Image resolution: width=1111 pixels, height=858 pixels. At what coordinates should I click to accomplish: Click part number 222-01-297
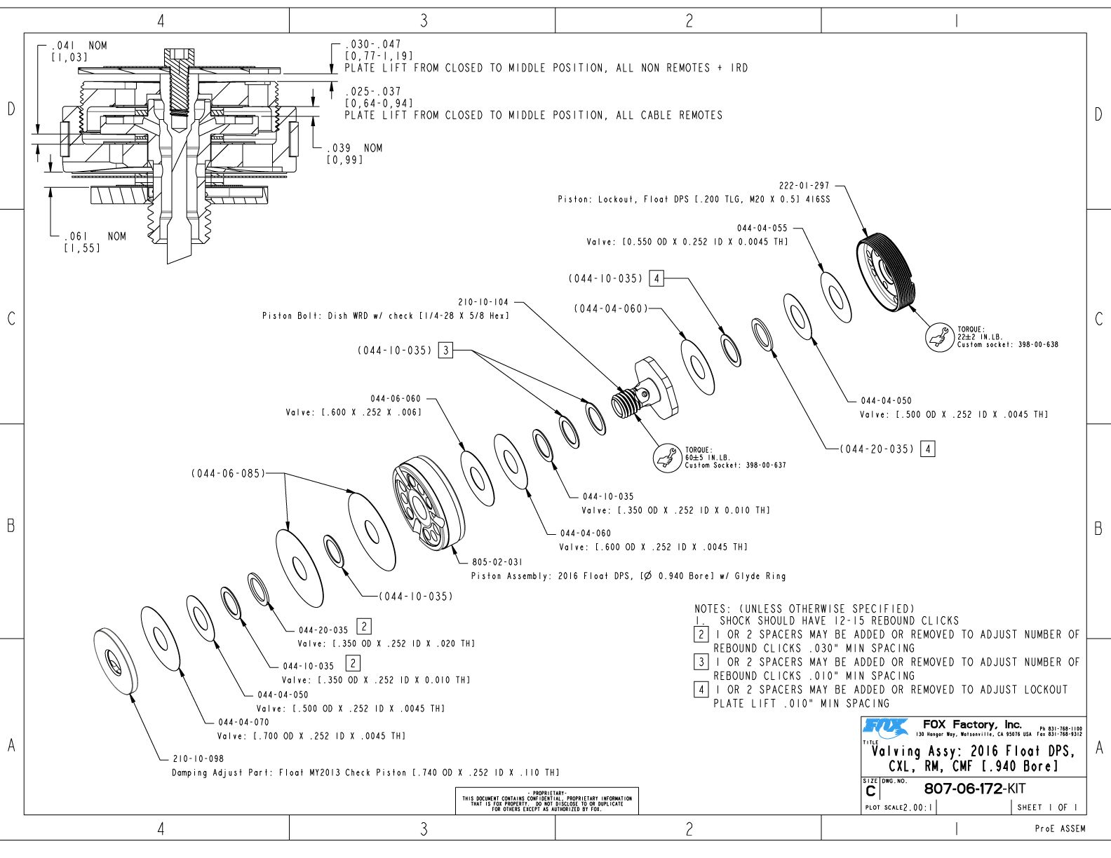tap(804, 186)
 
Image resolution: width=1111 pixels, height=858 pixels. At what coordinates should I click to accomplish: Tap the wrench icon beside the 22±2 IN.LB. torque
tap(939, 336)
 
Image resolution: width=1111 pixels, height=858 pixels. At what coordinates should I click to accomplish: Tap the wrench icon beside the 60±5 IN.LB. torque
tap(667, 458)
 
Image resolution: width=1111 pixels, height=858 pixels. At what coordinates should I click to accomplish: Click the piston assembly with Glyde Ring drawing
tap(429, 503)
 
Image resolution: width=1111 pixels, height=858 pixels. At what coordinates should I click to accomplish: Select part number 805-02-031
tap(497, 562)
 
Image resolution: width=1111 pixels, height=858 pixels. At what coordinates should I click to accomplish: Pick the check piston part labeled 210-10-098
tap(116, 661)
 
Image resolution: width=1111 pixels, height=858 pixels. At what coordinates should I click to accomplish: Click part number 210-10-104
tap(483, 302)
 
